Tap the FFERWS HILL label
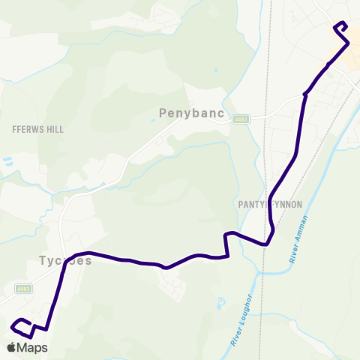(38, 129)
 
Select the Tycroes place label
(64, 262)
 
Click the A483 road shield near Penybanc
(240, 118)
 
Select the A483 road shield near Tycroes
(24, 289)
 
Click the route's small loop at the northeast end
(340, 27)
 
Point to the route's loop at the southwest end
(22, 328)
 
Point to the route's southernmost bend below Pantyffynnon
(265, 244)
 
